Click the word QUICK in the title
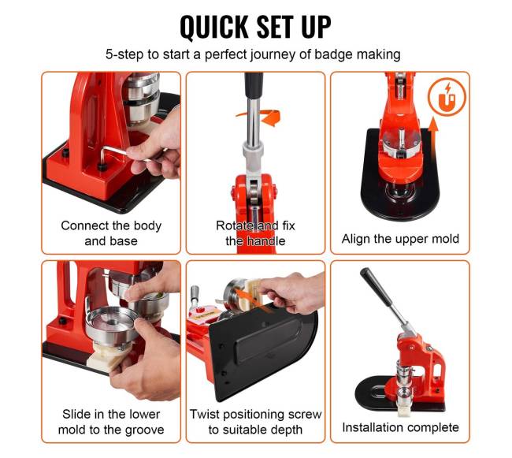[214, 27]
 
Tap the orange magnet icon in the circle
[447, 97]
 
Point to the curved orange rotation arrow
[262, 116]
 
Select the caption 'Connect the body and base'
[111, 233]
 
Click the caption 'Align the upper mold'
[400, 239]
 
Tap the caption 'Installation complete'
[400, 427]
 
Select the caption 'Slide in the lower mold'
[111, 422]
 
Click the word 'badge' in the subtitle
[333, 54]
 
